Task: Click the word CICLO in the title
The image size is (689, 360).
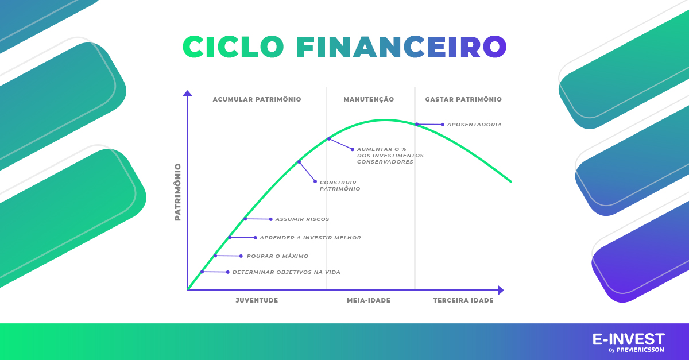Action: click(x=233, y=47)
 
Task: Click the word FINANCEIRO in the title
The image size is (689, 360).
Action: click(x=401, y=47)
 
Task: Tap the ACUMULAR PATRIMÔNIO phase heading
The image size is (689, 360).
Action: click(x=257, y=99)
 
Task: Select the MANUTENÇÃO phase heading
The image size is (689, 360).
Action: click(x=369, y=99)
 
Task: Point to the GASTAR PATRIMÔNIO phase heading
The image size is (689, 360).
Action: click(x=463, y=99)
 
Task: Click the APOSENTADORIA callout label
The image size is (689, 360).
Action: click(x=474, y=125)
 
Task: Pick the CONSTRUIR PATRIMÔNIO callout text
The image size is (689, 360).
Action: click(x=340, y=185)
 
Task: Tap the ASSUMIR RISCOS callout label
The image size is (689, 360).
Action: click(x=302, y=219)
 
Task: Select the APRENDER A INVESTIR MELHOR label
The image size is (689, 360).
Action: click(x=311, y=238)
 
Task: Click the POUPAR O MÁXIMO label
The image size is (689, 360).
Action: click(x=277, y=256)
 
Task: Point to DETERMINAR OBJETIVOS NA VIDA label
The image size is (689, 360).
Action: click(x=287, y=272)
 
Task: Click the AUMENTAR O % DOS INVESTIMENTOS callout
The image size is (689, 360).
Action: click(x=390, y=156)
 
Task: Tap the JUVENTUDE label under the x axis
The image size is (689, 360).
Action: click(x=257, y=300)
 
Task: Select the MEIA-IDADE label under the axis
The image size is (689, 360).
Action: click(x=369, y=300)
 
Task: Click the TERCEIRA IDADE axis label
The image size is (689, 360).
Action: click(x=463, y=300)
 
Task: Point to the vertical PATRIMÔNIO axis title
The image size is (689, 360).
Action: click(x=178, y=192)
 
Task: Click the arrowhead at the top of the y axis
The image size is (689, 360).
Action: click(x=187, y=93)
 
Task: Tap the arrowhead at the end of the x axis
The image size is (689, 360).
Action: click(x=501, y=290)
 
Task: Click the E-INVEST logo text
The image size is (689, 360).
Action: click(x=628, y=339)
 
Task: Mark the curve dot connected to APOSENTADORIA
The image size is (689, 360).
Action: click(x=417, y=125)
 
